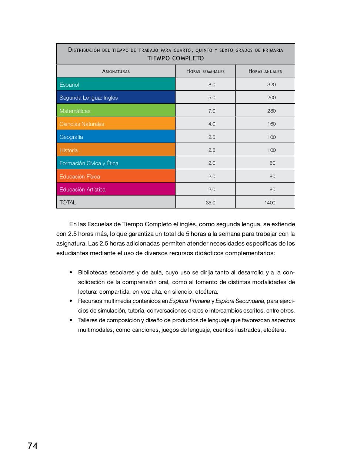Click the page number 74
(x=32, y=446)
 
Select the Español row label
(x=69, y=84)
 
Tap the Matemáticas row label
(x=75, y=111)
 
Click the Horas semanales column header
(x=205, y=71)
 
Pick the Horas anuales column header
(x=265, y=71)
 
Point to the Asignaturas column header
(x=116, y=71)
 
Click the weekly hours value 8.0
(x=211, y=84)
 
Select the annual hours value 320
(x=271, y=84)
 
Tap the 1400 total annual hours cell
(x=270, y=203)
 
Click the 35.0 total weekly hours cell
(x=210, y=203)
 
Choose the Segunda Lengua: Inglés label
(x=89, y=98)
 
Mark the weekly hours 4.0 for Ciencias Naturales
(x=211, y=124)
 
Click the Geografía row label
(x=71, y=137)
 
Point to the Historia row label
(x=69, y=150)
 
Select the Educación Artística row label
(x=82, y=190)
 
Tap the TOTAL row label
(x=68, y=203)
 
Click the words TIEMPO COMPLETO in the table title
(x=176, y=58)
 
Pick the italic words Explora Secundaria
(x=240, y=301)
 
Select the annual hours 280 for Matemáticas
(x=271, y=111)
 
